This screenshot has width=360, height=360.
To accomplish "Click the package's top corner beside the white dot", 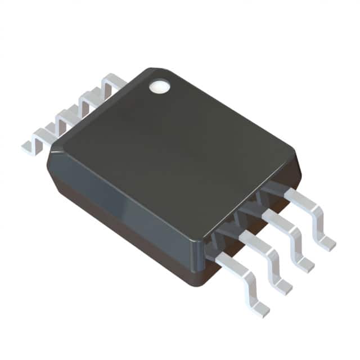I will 147,70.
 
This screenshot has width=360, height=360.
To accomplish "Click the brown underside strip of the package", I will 124,236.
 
